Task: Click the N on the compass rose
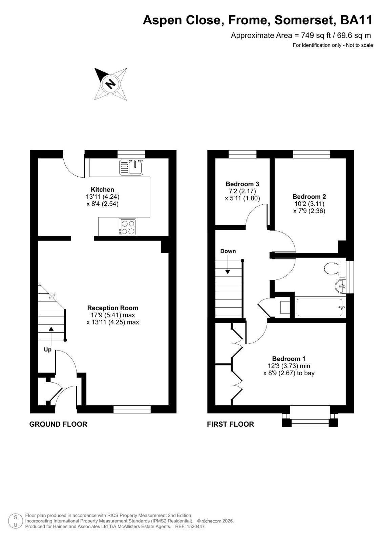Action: pos(111,84)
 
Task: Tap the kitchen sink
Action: pos(131,167)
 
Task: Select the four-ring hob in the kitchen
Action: pos(127,227)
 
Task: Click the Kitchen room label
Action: pos(102,189)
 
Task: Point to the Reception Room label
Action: pos(113,308)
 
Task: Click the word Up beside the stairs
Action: pos(47,350)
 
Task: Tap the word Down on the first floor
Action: pos(228,251)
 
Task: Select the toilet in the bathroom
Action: pos(335,269)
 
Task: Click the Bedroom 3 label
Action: pos(242,184)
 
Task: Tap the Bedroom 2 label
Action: pos(309,197)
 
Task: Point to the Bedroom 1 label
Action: pos(289,359)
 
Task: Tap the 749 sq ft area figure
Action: pos(316,36)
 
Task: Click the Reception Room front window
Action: pos(132,409)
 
